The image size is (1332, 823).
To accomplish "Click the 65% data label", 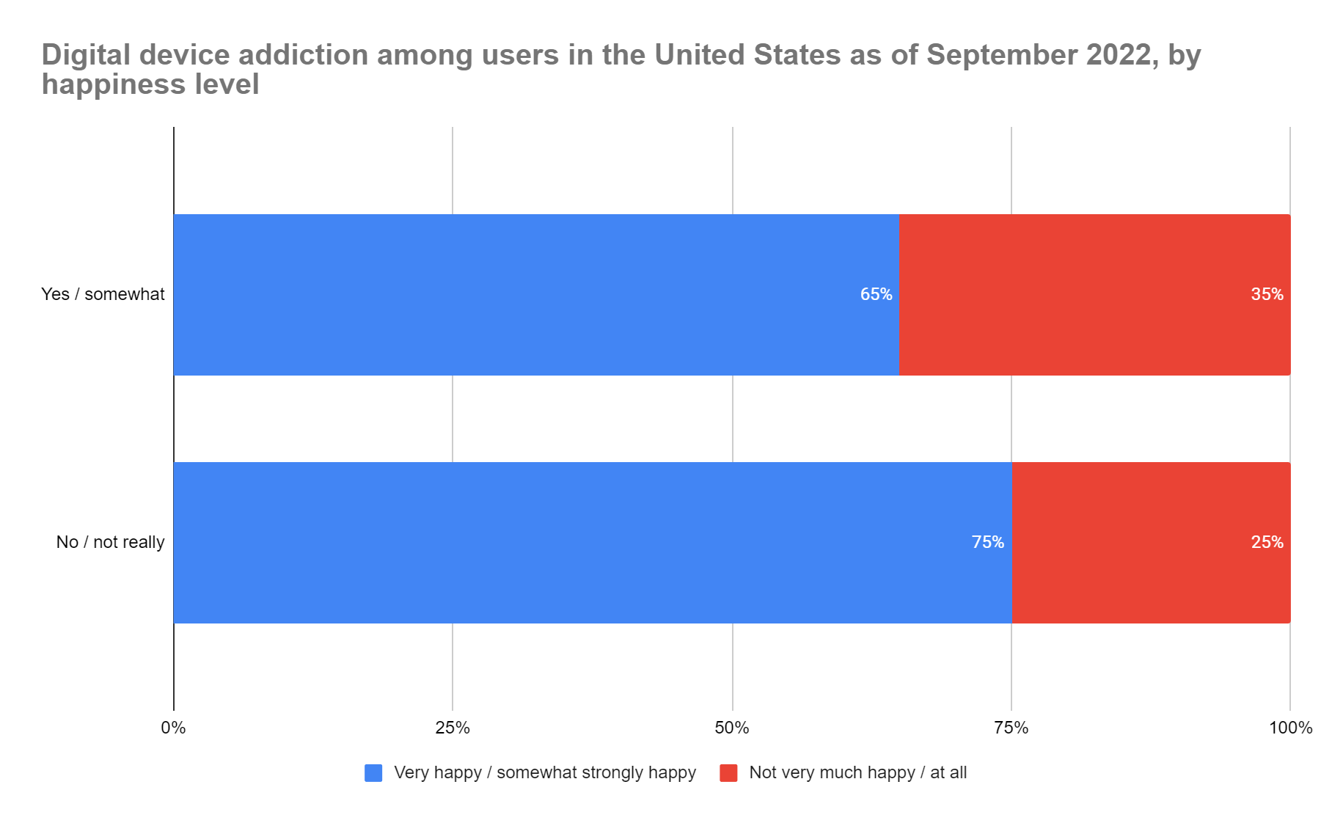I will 876,294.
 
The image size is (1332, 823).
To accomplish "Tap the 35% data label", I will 1267,294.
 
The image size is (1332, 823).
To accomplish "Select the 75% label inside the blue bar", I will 987,542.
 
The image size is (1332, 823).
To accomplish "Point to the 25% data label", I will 1267,542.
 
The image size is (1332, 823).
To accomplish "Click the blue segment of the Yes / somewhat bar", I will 513,294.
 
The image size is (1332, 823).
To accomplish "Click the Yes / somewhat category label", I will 103,294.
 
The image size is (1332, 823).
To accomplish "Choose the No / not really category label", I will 110,542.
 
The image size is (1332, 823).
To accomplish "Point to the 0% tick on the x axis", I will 173,728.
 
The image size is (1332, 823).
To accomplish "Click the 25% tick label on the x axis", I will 453,728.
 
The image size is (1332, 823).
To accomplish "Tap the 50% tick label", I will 732,728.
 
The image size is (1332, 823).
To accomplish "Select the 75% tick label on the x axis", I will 1011,728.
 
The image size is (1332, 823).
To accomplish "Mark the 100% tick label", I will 1290,728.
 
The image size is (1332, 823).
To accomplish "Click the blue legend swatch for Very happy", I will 373,772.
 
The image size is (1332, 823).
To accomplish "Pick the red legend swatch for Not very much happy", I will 728,772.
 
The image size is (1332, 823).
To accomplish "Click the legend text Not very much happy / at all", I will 857,772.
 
